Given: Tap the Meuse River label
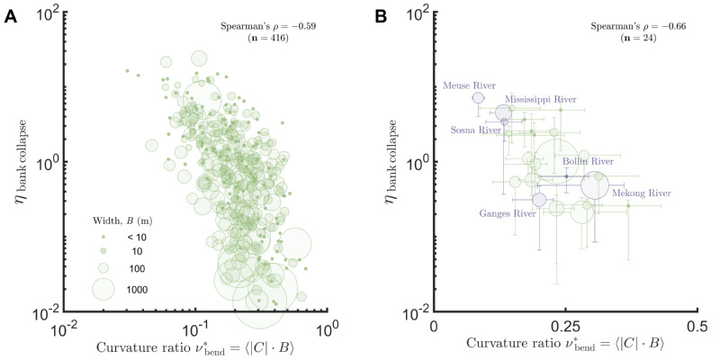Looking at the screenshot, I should tap(463, 86).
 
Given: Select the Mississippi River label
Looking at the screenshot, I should tap(540, 98).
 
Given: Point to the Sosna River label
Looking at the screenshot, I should tap(476, 130).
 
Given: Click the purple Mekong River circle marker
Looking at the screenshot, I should tap(595, 184).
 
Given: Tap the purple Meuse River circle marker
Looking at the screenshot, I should tap(478, 98).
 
